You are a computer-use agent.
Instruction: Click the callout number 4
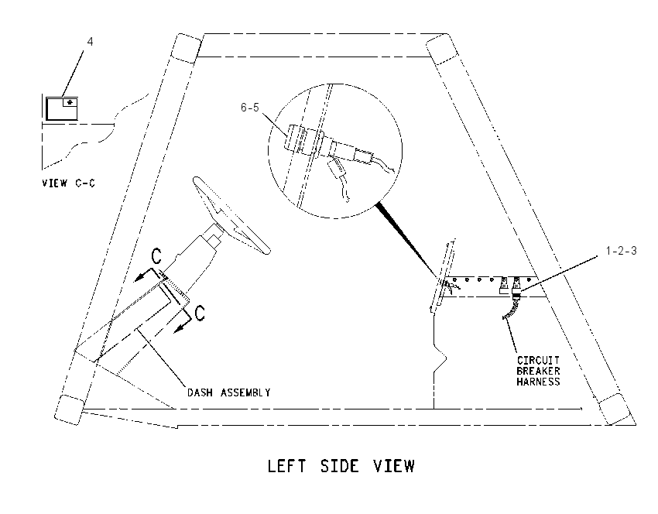pos(91,42)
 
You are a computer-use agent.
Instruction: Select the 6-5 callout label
pos(250,108)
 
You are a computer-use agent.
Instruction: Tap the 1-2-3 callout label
pos(621,251)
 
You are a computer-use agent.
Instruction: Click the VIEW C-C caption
pos(68,183)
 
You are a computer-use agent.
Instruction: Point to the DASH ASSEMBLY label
pos(228,392)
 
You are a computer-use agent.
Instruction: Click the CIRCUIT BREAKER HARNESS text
pos(538,372)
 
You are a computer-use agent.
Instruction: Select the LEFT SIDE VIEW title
pos(341,467)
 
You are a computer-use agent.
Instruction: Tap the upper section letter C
pos(156,256)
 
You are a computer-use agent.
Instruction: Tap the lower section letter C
pos(200,313)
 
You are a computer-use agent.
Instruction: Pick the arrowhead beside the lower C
pos(180,327)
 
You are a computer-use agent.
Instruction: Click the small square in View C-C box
pos(70,102)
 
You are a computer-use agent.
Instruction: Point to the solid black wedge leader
pos(407,240)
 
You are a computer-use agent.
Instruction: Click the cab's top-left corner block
pos(187,49)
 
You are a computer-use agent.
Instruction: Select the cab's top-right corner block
pos(442,49)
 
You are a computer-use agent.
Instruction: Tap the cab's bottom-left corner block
pos(70,410)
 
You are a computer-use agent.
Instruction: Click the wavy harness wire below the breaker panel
pos(511,307)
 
